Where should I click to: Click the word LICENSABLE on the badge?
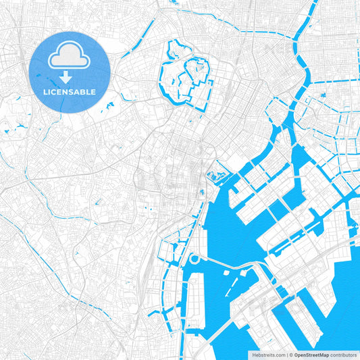[70, 91]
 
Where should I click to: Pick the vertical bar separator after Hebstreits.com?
[286, 354]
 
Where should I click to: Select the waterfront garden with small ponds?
[216, 178]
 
